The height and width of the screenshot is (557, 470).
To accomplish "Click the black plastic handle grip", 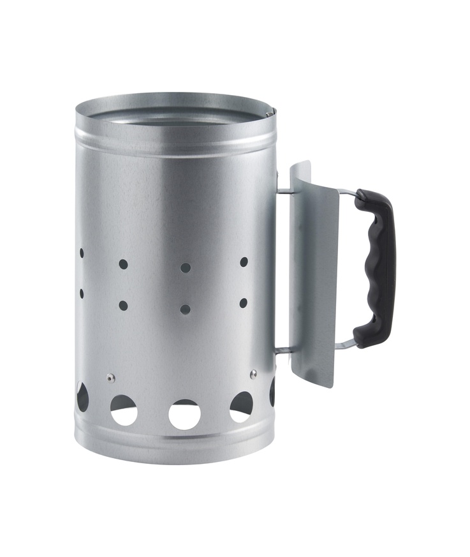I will [377, 268].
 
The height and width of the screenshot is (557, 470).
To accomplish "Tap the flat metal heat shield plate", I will [314, 274].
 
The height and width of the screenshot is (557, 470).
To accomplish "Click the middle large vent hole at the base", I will [184, 415].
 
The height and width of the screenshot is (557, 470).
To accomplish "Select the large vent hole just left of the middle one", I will [124, 410].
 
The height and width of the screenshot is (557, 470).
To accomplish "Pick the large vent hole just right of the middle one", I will [242, 406].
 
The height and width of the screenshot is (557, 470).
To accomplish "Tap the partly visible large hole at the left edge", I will [82, 396].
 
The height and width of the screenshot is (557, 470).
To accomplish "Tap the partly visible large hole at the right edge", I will [272, 391].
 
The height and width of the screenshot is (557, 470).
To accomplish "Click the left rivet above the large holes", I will [111, 377].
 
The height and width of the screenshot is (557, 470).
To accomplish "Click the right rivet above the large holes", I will [253, 373].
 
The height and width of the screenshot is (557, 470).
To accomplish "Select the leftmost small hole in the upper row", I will [82, 253].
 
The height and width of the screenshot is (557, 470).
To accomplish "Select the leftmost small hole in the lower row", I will [82, 293].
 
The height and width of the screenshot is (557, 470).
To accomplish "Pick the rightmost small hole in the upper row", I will [244, 262].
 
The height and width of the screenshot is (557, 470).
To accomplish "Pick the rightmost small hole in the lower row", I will [244, 302].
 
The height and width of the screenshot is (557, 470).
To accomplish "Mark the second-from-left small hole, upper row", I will [123, 264].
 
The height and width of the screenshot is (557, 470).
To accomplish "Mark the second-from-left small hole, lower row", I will [123, 305].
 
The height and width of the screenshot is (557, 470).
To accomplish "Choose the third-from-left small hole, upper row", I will [185, 267].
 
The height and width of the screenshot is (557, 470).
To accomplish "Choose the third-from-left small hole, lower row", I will [185, 309].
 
